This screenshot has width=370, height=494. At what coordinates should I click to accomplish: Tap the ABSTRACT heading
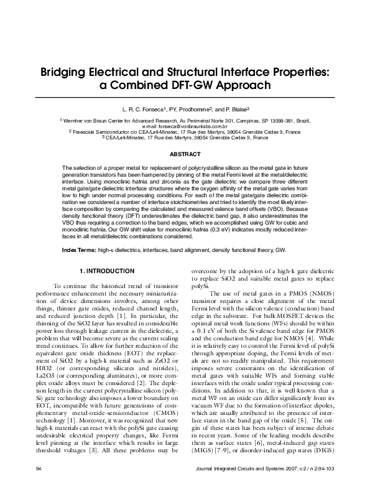[185, 153]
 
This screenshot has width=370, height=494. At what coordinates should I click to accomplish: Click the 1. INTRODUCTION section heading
[108, 271]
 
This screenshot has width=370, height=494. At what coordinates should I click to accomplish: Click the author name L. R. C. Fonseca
[145, 108]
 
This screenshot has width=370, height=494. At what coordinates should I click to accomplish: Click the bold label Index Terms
[78, 249]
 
